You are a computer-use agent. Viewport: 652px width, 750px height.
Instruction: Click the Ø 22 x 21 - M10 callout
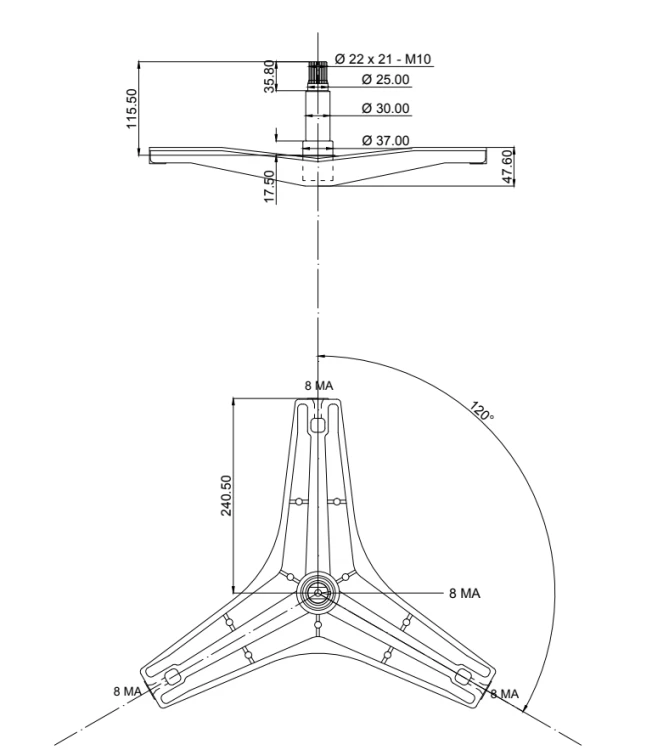click(x=383, y=59)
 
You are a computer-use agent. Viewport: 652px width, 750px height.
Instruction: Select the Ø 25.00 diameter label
click(x=386, y=79)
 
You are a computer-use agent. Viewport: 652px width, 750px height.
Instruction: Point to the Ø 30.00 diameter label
click(x=386, y=108)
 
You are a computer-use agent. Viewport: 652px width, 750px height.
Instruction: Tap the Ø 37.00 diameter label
click(x=386, y=141)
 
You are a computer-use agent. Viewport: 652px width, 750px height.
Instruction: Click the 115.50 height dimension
click(x=132, y=108)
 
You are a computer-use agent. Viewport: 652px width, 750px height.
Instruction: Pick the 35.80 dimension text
click(x=270, y=76)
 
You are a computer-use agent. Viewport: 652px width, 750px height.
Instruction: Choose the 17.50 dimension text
click(x=270, y=187)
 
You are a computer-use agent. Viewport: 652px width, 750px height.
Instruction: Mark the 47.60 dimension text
click(x=508, y=166)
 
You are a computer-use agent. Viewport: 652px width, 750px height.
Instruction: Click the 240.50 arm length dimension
click(x=226, y=495)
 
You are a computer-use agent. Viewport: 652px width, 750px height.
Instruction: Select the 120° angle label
click(x=482, y=411)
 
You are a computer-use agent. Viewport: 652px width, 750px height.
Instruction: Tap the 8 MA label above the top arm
click(x=319, y=386)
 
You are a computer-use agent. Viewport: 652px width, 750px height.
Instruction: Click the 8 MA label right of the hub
click(x=464, y=594)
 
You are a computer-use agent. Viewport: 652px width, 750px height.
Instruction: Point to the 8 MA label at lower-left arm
click(x=127, y=691)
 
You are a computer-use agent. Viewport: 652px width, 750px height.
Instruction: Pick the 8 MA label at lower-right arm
click(x=505, y=694)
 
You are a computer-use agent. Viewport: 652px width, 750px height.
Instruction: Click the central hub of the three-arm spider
click(x=318, y=593)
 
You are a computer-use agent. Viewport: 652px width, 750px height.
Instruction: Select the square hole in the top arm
click(x=318, y=424)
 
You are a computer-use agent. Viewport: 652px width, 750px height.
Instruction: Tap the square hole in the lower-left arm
click(x=172, y=677)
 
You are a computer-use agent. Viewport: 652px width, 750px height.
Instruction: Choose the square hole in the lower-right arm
click(x=464, y=676)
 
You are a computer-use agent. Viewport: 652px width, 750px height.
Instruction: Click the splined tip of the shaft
click(x=317, y=73)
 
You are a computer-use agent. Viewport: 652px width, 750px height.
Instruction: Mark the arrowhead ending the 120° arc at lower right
click(x=525, y=708)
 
